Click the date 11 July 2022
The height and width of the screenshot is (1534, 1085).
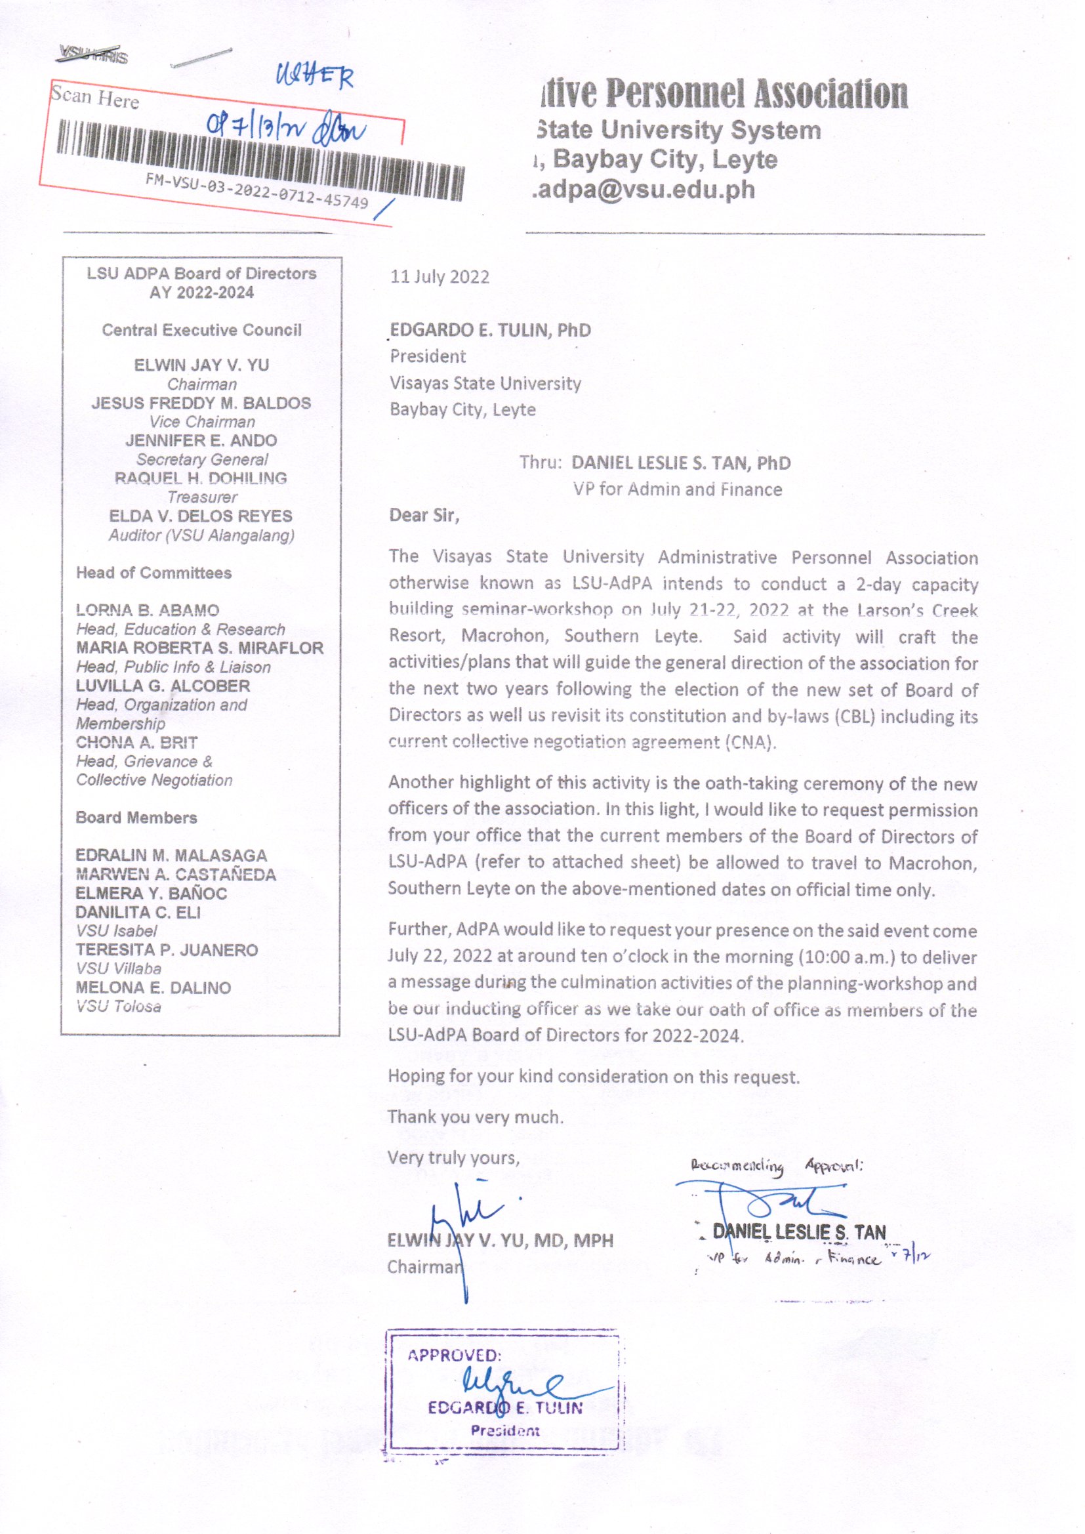tap(439, 277)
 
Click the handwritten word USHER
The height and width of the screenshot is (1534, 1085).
tap(314, 78)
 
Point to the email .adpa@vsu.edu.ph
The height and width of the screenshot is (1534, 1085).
tap(644, 190)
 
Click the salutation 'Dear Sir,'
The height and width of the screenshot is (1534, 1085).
tap(424, 515)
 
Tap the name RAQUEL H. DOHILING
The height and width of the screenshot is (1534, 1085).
tap(201, 478)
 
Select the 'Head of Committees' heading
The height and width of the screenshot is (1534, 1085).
tap(154, 573)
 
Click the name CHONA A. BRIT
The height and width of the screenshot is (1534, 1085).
tap(136, 742)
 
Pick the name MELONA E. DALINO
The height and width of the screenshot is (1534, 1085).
tap(153, 987)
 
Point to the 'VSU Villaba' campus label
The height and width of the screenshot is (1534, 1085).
tap(118, 969)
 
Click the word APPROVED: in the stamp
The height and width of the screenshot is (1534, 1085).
tap(455, 1355)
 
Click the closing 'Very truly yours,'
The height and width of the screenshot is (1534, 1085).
tap(453, 1158)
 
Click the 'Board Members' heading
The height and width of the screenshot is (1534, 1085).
tap(136, 818)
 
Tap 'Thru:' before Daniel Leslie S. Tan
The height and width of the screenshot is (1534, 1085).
tap(541, 463)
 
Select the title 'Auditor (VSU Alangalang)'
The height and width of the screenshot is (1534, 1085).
tap(201, 535)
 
